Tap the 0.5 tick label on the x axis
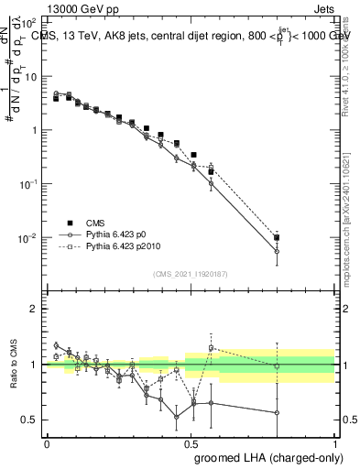[x=190, y=442]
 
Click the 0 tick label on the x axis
[x=47, y=442]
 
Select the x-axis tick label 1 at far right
[x=334, y=442]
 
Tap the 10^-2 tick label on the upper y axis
[x=28, y=238]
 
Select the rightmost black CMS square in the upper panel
[x=277, y=237]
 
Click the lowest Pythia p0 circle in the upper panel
[x=277, y=251]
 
